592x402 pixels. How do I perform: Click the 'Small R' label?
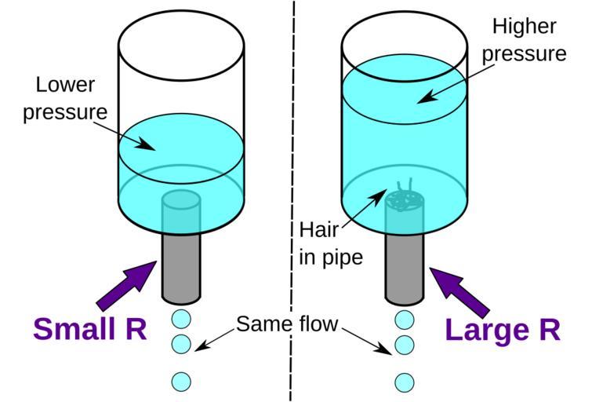point(89,329)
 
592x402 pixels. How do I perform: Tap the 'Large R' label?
point(503,329)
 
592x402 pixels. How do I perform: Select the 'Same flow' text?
point(286,323)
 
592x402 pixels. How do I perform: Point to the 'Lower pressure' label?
point(64,98)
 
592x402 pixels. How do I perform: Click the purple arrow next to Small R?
point(125,284)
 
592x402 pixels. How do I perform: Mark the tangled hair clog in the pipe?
point(404,199)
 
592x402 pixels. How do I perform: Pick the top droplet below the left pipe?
point(181,320)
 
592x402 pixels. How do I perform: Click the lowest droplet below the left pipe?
point(181,382)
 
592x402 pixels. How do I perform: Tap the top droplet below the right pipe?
point(405,320)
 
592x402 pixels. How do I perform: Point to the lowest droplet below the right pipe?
point(405,382)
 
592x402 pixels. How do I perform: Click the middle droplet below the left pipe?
point(181,344)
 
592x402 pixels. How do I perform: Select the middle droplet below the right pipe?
point(405,344)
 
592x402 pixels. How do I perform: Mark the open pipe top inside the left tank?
point(181,199)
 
